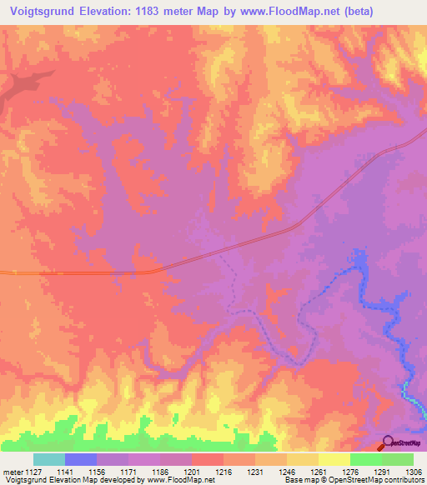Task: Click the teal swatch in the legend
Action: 49,459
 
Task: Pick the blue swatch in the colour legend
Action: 81,459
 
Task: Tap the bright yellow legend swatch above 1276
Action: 334,459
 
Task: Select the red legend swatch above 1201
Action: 208,459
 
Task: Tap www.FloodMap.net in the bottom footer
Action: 176,481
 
